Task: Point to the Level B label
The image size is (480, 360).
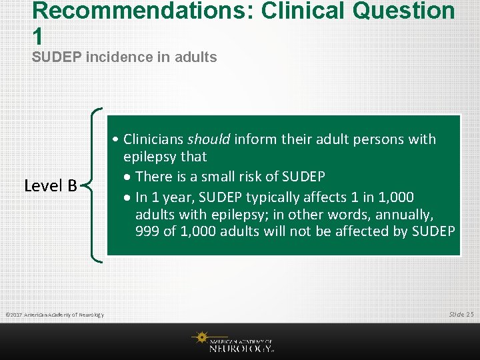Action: tap(51, 185)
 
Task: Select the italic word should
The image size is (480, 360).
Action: tap(209, 139)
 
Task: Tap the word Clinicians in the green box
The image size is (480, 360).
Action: tap(153, 139)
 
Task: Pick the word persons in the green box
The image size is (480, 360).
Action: tap(379, 139)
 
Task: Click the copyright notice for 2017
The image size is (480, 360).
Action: tap(54, 314)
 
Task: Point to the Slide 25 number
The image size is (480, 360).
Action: tap(461, 313)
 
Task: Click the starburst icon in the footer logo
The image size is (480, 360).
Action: tap(199, 338)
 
